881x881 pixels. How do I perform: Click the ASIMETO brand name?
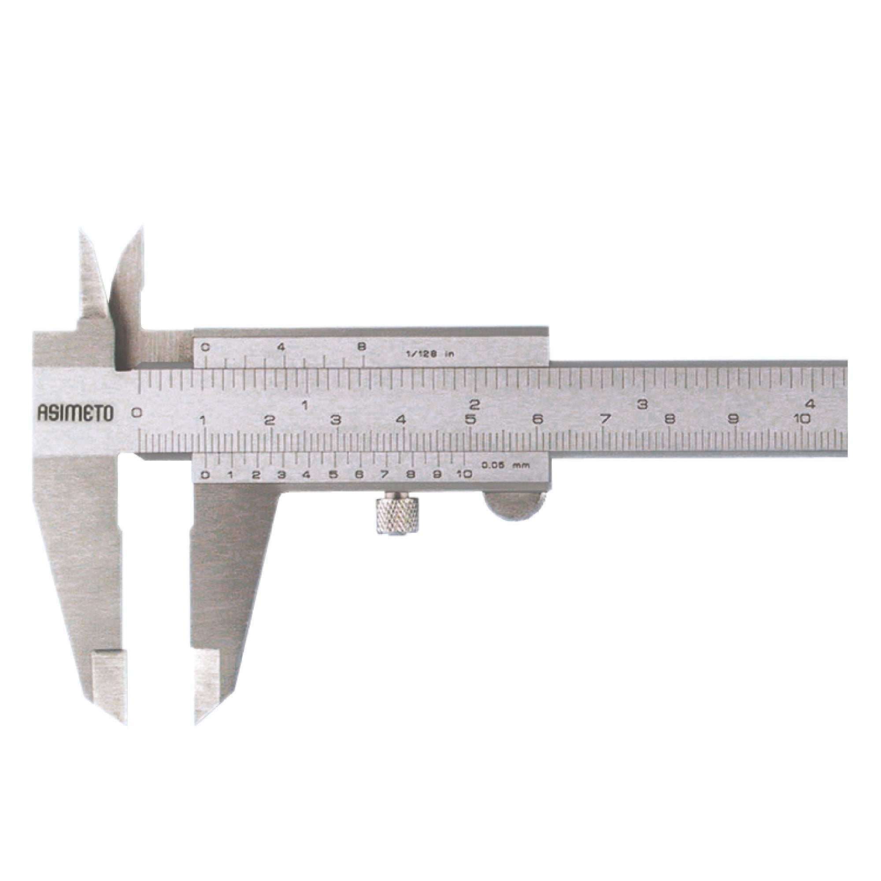click(75, 413)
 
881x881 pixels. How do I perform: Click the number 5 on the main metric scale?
click(470, 419)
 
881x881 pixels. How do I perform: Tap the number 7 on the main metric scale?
click(605, 418)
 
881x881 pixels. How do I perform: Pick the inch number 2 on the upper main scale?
click(475, 404)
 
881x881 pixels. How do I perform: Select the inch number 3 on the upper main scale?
click(643, 403)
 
